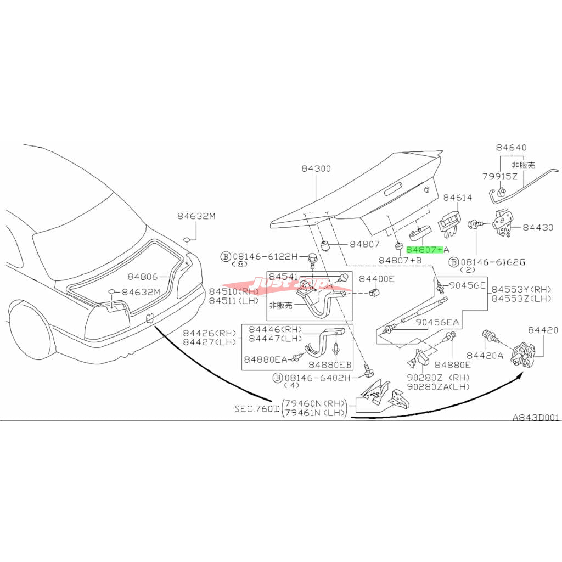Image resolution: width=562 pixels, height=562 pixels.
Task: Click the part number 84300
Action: [316, 169]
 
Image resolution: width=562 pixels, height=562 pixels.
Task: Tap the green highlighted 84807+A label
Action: [424, 250]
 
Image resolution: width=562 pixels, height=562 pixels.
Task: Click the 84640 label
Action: [511, 148]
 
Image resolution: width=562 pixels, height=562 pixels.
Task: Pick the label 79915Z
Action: [500, 176]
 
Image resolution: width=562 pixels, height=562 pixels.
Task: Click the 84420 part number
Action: [543, 330]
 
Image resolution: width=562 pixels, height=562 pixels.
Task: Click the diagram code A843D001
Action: [536, 417]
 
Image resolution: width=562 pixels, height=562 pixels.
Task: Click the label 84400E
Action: [376, 279]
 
